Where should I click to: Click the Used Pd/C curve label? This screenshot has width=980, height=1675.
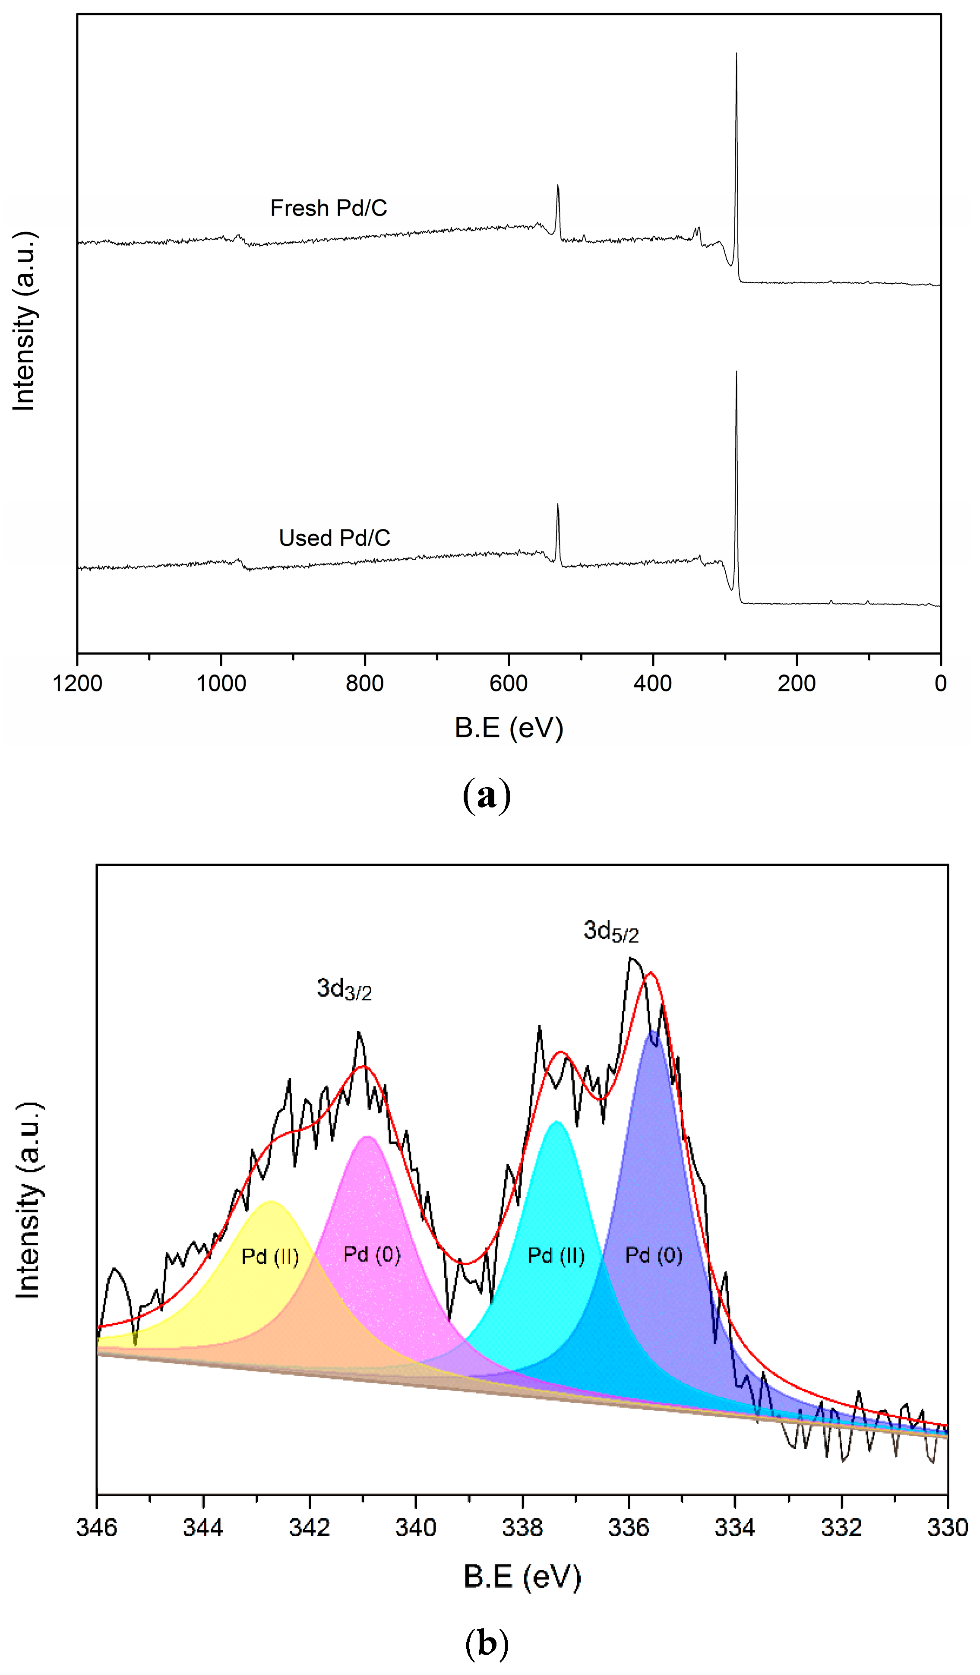pyautogui.click(x=334, y=538)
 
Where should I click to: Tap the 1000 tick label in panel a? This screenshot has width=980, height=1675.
pyautogui.click(x=221, y=683)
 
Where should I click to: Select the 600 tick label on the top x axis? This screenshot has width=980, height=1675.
pyautogui.click(x=508, y=683)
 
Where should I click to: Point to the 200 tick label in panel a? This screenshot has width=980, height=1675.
pyautogui.click(x=796, y=683)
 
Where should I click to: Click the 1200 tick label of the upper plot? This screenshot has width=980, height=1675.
pyautogui.click(x=77, y=683)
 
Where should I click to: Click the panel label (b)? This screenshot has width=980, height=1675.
pyautogui.click(x=487, y=1644)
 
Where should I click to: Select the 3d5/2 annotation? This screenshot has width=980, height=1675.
pyautogui.click(x=610, y=931)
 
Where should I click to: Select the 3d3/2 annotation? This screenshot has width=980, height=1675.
pyautogui.click(x=344, y=990)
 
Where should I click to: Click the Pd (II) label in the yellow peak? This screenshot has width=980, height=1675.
pyautogui.click(x=270, y=1256)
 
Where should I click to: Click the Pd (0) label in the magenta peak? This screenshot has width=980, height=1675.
pyautogui.click(x=372, y=1254)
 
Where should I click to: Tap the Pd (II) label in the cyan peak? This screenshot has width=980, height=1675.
pyautogui.click(x=556, y=1256)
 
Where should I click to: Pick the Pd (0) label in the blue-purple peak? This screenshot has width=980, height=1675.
pyautogui.click(x=654, y=1256)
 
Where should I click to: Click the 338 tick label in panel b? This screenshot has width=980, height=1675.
pyautogui.click(x=522, y=1528)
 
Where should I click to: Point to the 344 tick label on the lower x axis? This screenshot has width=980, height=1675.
pyautogui.click(x=203, y=1528)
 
